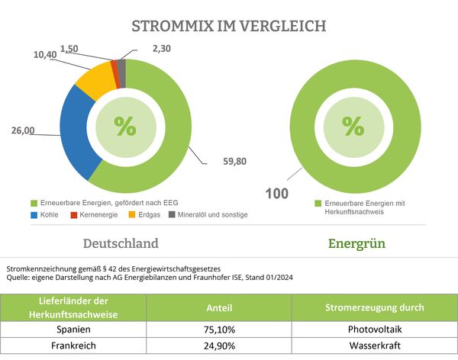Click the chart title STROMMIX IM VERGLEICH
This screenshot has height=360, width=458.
point(229,26)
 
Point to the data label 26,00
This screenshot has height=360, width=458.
point(22,131)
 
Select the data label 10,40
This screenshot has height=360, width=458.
point(46,55)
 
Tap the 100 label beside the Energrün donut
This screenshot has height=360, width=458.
point(276,194)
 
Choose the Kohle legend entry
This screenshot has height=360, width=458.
point(49,215)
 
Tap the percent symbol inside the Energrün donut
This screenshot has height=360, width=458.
point(353,126)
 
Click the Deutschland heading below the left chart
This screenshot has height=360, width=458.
point(121,243)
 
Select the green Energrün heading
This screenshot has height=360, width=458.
point(356,243)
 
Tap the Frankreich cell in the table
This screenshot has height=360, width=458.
point(75,348)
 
